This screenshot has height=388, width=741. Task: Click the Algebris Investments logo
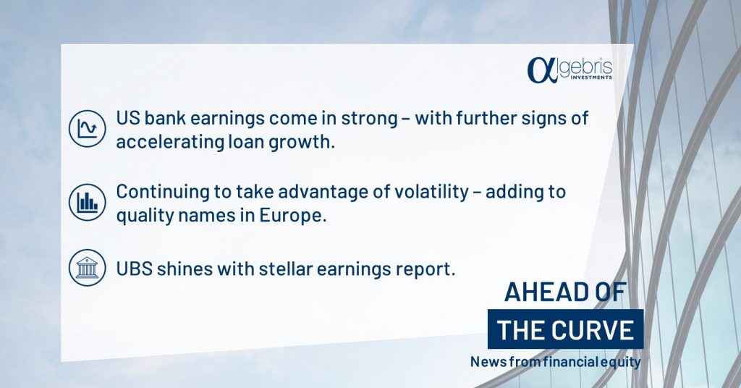569,70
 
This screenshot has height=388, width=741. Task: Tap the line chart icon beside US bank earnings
87,129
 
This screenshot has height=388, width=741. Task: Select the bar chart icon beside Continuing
87,202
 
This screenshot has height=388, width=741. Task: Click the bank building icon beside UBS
87,268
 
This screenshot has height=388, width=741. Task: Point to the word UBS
134,269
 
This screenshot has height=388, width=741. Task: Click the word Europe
292,216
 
